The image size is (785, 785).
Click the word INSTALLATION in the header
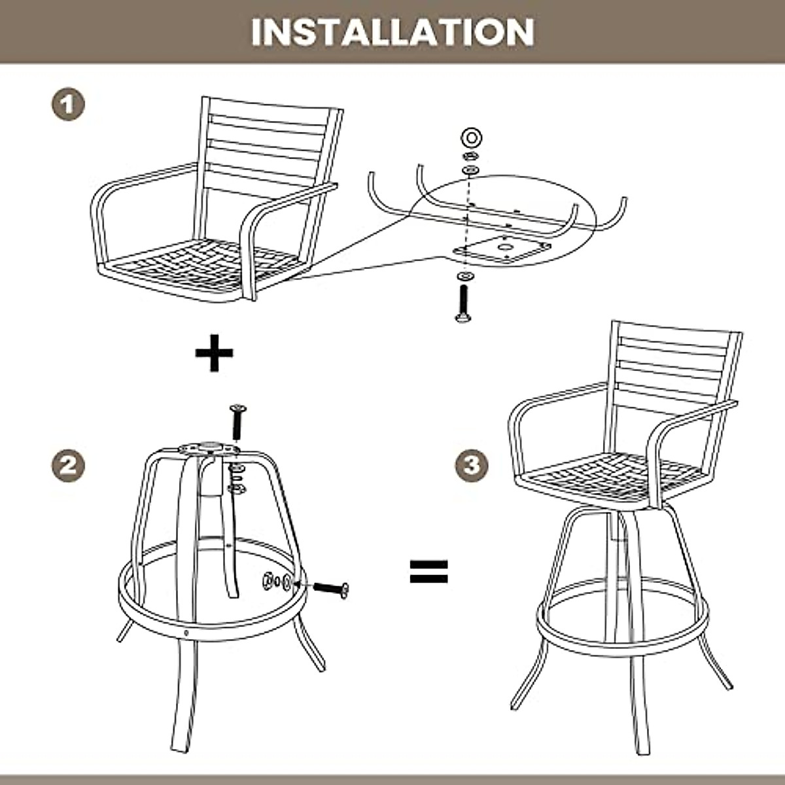[392, 32]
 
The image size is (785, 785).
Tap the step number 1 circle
[69, 104]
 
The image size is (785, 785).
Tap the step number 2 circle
[69, 465]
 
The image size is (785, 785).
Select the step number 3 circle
[472, 465]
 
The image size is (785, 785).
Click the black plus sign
[214, 353]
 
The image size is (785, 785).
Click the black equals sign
[428, 571]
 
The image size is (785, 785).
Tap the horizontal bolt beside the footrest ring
[331, 588]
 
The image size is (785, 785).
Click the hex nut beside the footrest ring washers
[268, 580]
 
